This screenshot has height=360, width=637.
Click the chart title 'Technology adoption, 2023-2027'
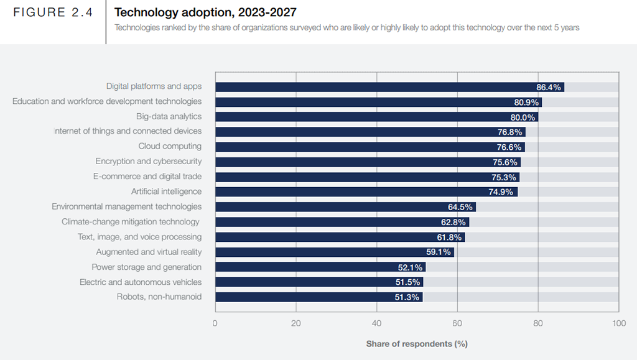205,12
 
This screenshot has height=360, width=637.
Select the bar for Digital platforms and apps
373,87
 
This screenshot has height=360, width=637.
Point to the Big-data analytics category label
169,116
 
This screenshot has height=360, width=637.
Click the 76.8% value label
509,132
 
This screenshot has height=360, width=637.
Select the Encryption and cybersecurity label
149,162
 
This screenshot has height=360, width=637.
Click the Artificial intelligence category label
166,192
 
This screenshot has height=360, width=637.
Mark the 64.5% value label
460,207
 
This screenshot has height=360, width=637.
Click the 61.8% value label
449,237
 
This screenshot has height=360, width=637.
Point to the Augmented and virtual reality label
149,252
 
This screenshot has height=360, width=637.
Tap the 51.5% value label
408,282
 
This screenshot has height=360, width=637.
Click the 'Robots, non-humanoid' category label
159,297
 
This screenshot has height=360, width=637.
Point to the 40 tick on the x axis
376,323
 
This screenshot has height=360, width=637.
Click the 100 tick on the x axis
618,323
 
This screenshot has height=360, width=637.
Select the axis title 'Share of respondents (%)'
416,344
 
